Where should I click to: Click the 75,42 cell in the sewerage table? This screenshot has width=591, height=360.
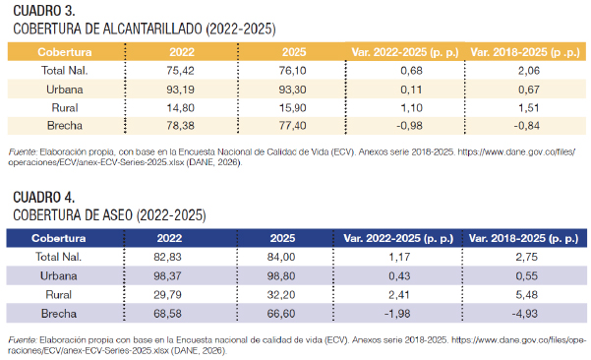[181, 71]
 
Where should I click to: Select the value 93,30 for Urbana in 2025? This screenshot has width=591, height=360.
[292, 90]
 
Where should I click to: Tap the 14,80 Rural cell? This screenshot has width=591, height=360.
[181, 108]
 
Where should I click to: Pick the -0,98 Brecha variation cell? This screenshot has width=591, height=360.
[409, 126]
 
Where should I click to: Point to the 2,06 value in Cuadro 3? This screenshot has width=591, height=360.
[529, 71]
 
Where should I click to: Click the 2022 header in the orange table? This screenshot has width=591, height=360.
[182, 52]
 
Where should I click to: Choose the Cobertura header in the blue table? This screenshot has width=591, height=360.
[59, 238]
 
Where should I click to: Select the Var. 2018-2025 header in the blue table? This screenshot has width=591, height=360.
[523, 238]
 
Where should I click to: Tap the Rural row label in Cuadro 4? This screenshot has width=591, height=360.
[58, 294]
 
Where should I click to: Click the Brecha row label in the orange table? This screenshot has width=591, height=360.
[65, 126]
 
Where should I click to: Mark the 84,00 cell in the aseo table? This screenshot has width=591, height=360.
[281, 257]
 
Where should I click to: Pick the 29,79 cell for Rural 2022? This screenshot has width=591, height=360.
[167, 294]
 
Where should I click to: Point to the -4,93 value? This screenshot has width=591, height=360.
[524, 313]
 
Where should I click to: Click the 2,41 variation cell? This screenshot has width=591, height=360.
[399, 294]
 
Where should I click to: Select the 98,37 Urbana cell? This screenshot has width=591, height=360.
[167, 276]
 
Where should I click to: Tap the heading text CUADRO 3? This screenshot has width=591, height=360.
[44, 11]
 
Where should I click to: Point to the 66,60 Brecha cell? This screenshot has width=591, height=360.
[281, 313]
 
